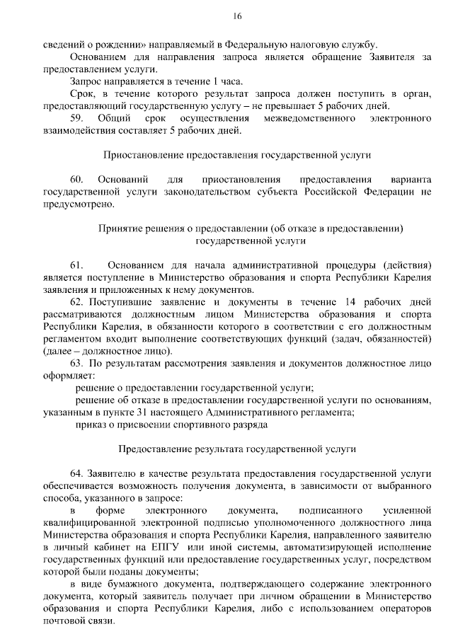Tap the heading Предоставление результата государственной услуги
point(236,449)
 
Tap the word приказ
point(89,425)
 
